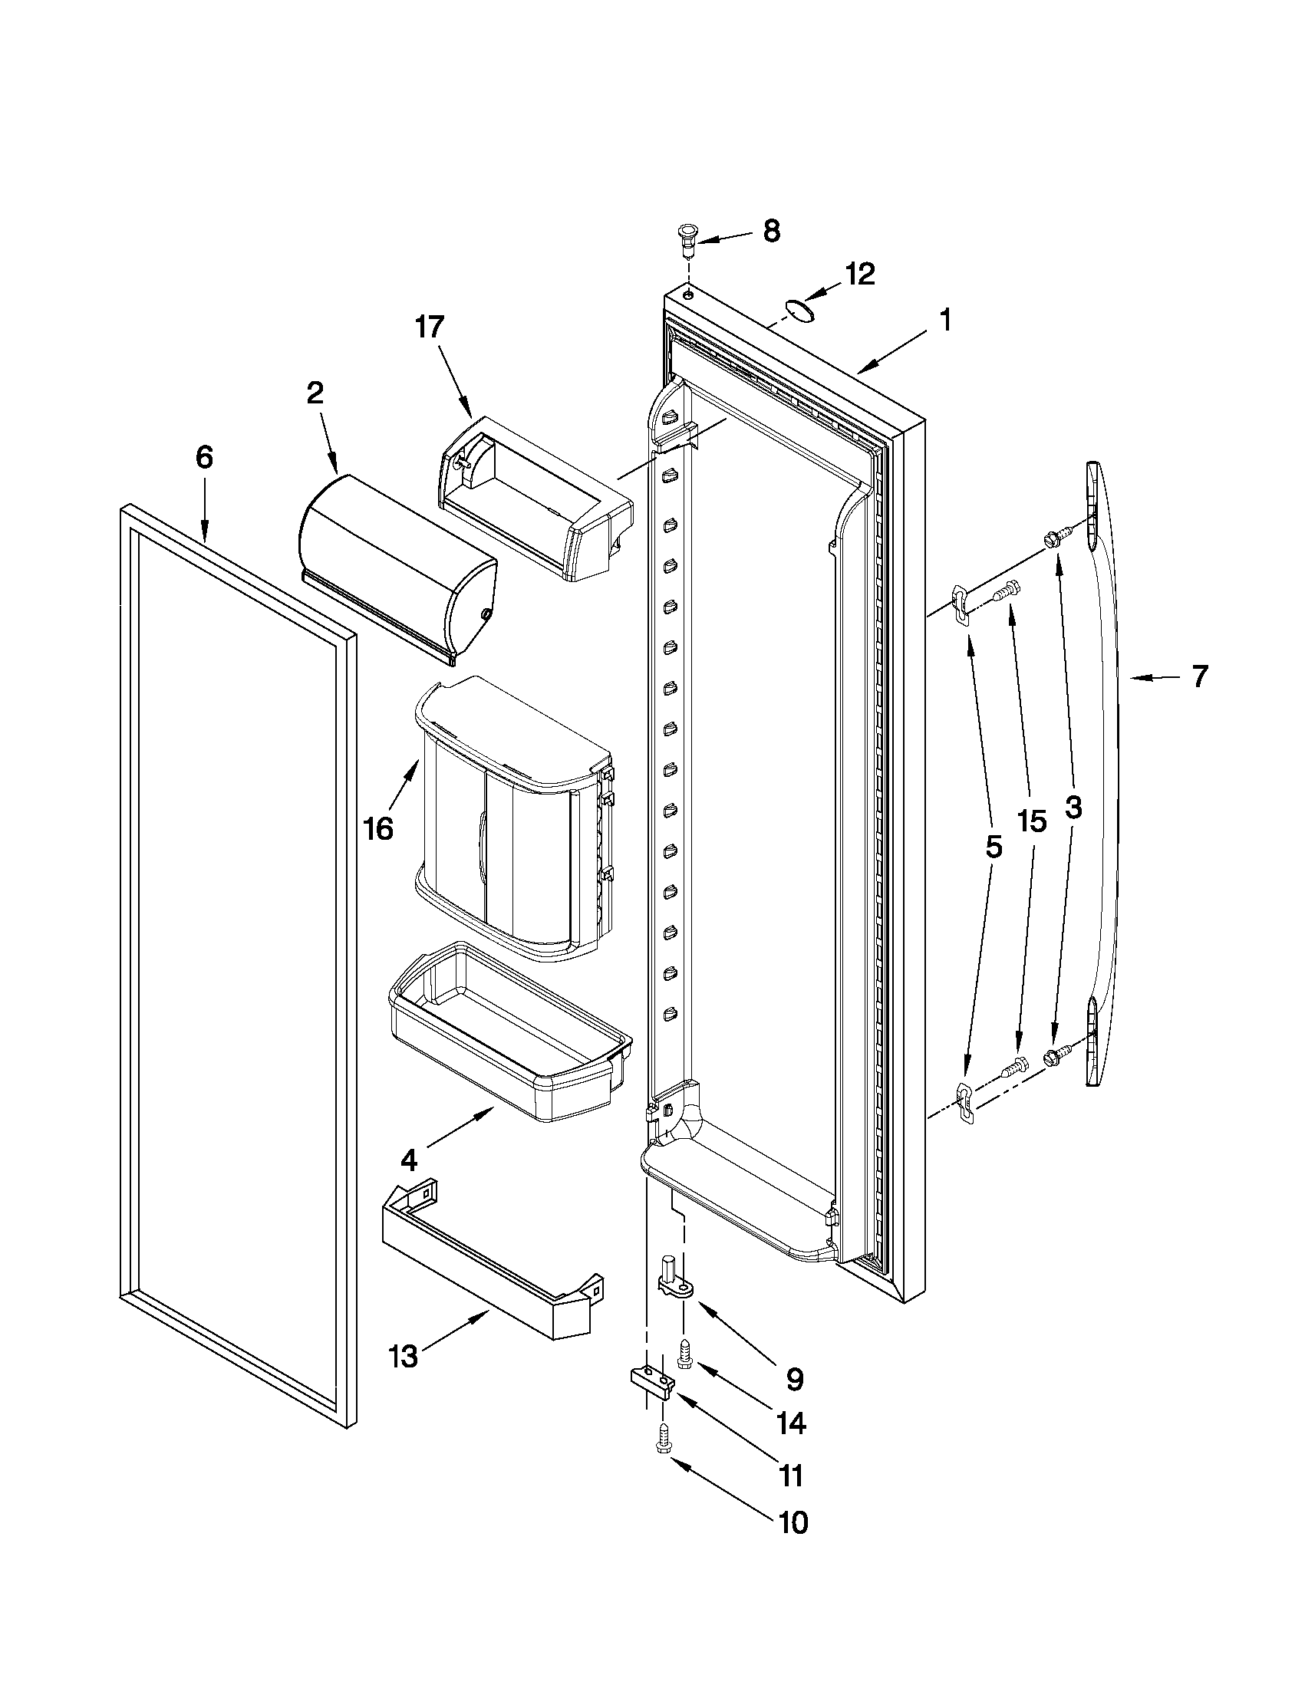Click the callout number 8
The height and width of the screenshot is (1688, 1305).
(x=772, y=232)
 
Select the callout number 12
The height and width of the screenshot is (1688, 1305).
(x=859, y=274)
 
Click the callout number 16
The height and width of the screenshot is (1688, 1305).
(x=378, y=828)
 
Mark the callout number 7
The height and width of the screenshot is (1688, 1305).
(x=1198, y=677)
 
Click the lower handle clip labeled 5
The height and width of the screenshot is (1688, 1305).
(x=964, y=1102)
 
